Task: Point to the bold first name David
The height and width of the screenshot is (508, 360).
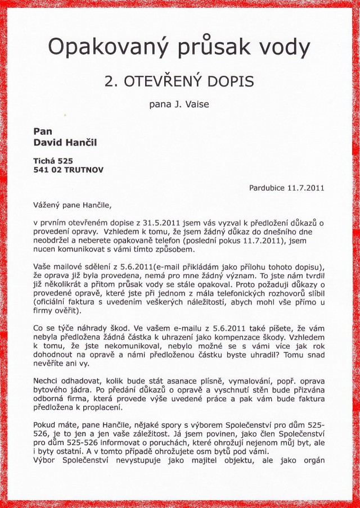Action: pyautogui.click(x=47, y=143)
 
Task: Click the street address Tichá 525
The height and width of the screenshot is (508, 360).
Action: pyautogui.click(x=53, y=160)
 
